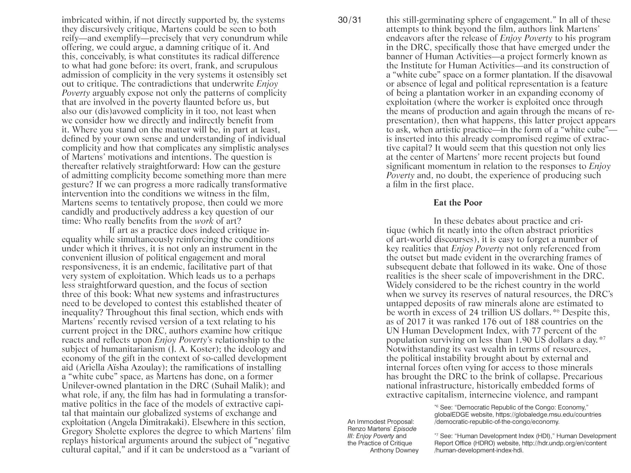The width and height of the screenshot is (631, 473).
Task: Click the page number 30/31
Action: tap(349, 20)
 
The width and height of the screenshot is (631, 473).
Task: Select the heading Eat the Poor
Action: tap(457, 203)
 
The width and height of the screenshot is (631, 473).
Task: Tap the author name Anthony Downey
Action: tap(394, 450)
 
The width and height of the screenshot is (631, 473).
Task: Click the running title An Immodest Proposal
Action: tap(380, 422)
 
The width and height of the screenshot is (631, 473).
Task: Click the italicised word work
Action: tap(204, 221)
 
